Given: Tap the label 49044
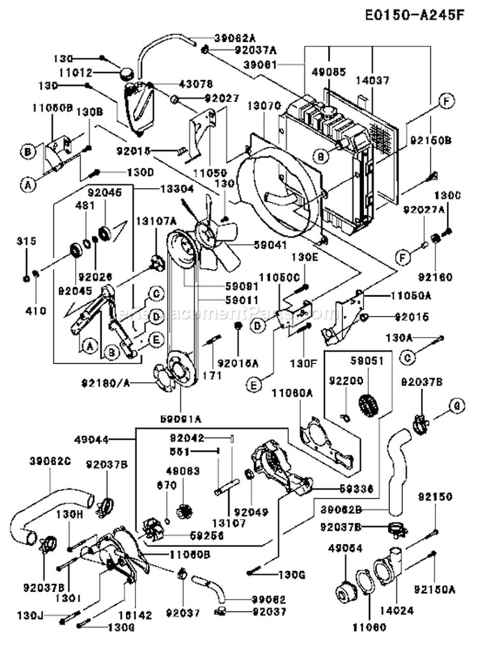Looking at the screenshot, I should tap(109, 439).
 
